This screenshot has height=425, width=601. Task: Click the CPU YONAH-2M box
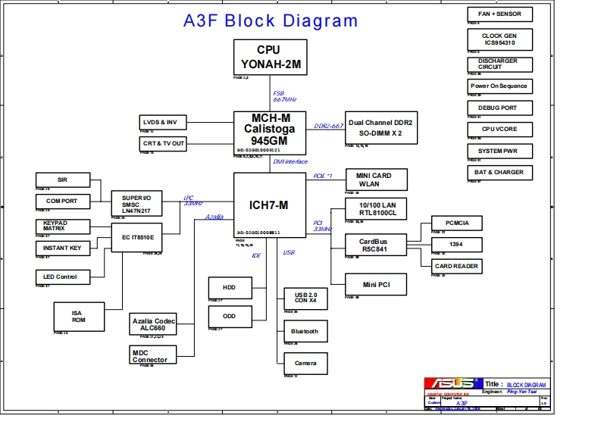[269, 57]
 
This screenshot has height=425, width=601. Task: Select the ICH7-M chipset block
[268, 205]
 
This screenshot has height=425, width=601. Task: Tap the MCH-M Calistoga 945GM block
[268, 130]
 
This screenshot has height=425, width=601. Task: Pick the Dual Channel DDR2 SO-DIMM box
[380, 127]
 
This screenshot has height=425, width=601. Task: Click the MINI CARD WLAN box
[377, 180]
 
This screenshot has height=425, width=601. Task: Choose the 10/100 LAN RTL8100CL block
[377, 210]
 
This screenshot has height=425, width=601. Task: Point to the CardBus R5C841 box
[377, 244]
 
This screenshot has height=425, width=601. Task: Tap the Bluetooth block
[305, 331]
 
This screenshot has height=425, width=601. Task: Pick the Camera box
[305, 363]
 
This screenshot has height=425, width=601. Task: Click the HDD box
[229, 288]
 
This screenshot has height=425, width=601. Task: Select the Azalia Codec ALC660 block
[153, 324]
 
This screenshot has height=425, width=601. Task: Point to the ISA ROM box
[79, 316]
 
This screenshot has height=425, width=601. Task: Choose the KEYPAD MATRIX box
[62, 226]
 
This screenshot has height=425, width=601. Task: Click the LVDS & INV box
[161, 122]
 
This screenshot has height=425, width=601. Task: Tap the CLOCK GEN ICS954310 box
[499, 39]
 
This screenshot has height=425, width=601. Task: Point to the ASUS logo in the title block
[452, 384]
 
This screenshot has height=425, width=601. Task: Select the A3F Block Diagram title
[271, 20]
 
